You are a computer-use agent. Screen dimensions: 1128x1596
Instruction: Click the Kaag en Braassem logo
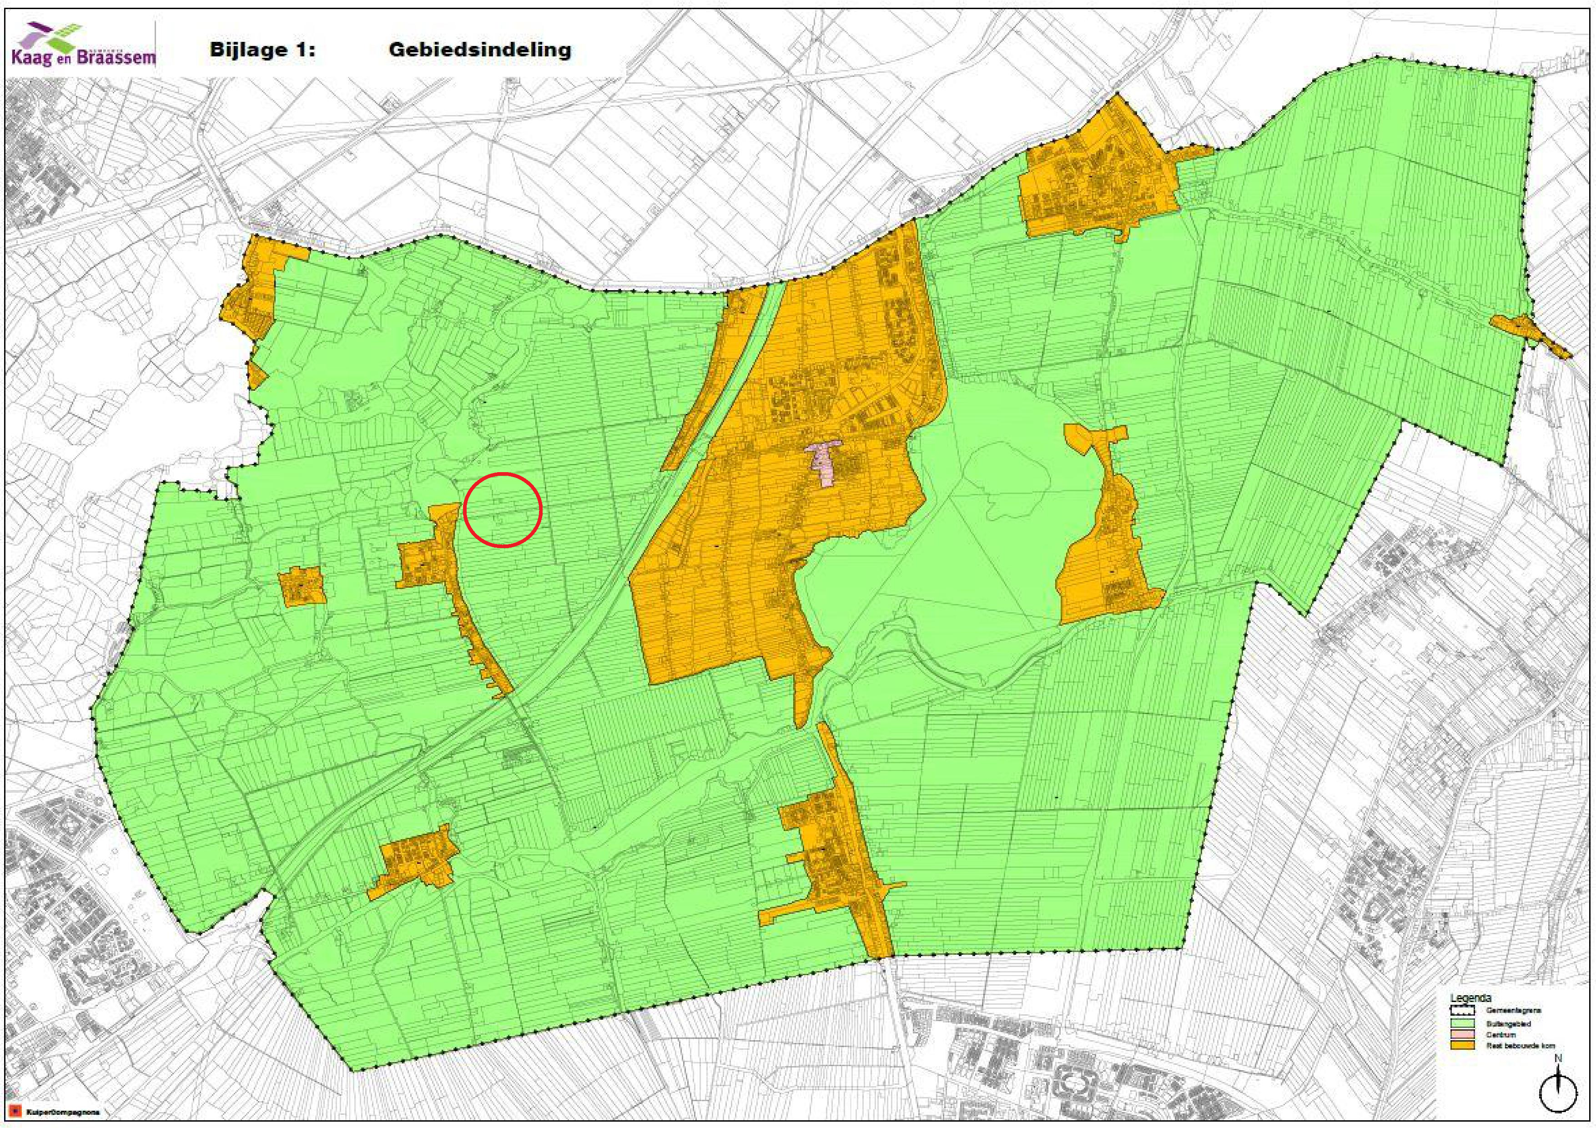click(x=82, y=45)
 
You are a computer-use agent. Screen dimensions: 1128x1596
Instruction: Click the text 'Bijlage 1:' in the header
click(x=262, y=50)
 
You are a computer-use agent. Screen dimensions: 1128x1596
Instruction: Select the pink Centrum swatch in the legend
click(x=1463, y=1035)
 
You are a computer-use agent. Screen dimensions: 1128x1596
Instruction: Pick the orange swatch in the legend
click(x=1463, y=1045)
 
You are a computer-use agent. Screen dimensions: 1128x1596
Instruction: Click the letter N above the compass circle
click(x=1558, y=1058)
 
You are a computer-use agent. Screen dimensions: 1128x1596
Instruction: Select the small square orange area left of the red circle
click(x=302, y=585)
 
